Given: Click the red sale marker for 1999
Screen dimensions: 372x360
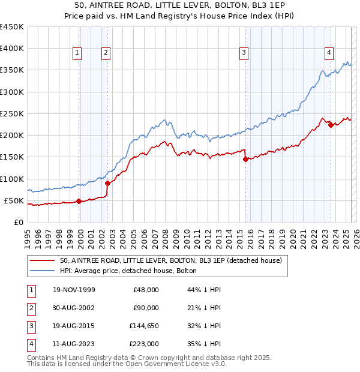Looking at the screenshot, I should (x=79, y=201).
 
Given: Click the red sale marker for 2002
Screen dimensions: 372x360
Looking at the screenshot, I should (x=108, y=183).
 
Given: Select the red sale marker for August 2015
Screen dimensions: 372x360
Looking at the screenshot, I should (x=245, y=159).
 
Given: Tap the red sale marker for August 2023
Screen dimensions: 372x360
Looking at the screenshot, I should (x=331, y=125).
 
